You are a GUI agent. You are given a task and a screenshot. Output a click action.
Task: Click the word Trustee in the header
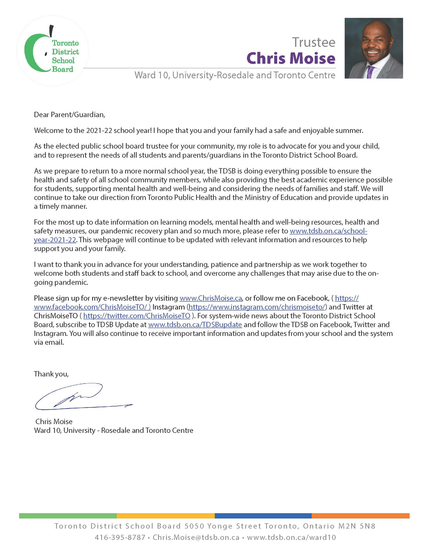click(x=314, y=42)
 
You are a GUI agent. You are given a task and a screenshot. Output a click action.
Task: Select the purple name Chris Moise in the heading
click(x=291, y=58)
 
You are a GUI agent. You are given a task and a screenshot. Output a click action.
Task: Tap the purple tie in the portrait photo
click(x=371, y=72)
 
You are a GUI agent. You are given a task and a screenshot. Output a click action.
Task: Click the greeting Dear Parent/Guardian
click(x=69, y=115)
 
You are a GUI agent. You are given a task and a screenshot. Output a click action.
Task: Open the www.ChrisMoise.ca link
click(x=211, y=298)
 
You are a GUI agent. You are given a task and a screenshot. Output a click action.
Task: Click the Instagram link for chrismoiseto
click(x=257, y=307)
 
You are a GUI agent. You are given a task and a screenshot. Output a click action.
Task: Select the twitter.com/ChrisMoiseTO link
click(x=137, y=316)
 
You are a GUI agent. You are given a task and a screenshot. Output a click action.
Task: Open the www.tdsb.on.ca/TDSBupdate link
click(x=195, y=325)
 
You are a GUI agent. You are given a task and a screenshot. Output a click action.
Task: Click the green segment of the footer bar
click(x=68, y=516)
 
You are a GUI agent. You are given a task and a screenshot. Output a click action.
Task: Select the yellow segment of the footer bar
click(x=166, y=516)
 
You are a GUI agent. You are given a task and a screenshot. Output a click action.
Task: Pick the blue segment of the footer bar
click(x=263, y=516)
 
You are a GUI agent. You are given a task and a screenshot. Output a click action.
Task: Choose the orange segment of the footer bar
click(x=360, y=516)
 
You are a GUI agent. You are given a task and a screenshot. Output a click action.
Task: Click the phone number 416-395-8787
click(x=120, y=537)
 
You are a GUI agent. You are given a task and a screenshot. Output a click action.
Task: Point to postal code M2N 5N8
click(x=357, y=526)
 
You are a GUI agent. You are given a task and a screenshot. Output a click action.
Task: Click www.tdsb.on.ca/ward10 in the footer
click(x=291, y=537)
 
